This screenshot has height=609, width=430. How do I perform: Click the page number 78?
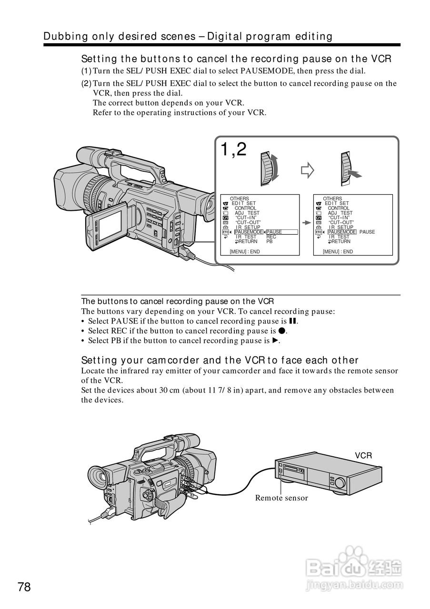tap(24, 587)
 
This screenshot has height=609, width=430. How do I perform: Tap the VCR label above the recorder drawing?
tap(363, 456)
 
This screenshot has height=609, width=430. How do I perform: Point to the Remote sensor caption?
tap(281, 498)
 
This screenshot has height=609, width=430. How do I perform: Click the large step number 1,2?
tap(233, 150)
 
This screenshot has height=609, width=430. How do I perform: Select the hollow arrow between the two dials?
tap(308, 169)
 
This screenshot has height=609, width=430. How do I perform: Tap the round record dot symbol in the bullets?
tap(282, 331)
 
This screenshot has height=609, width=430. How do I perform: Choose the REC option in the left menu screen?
tap(271, 237)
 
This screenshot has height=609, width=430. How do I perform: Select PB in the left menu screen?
tap(270, 242)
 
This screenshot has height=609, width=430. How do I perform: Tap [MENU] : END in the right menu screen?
tap(338, 252)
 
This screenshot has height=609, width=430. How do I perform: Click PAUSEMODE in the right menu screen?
tap(342, 232)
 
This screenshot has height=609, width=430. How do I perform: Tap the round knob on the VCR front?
tap(340, 482)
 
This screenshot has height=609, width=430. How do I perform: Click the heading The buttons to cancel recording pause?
tap(177, 301)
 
